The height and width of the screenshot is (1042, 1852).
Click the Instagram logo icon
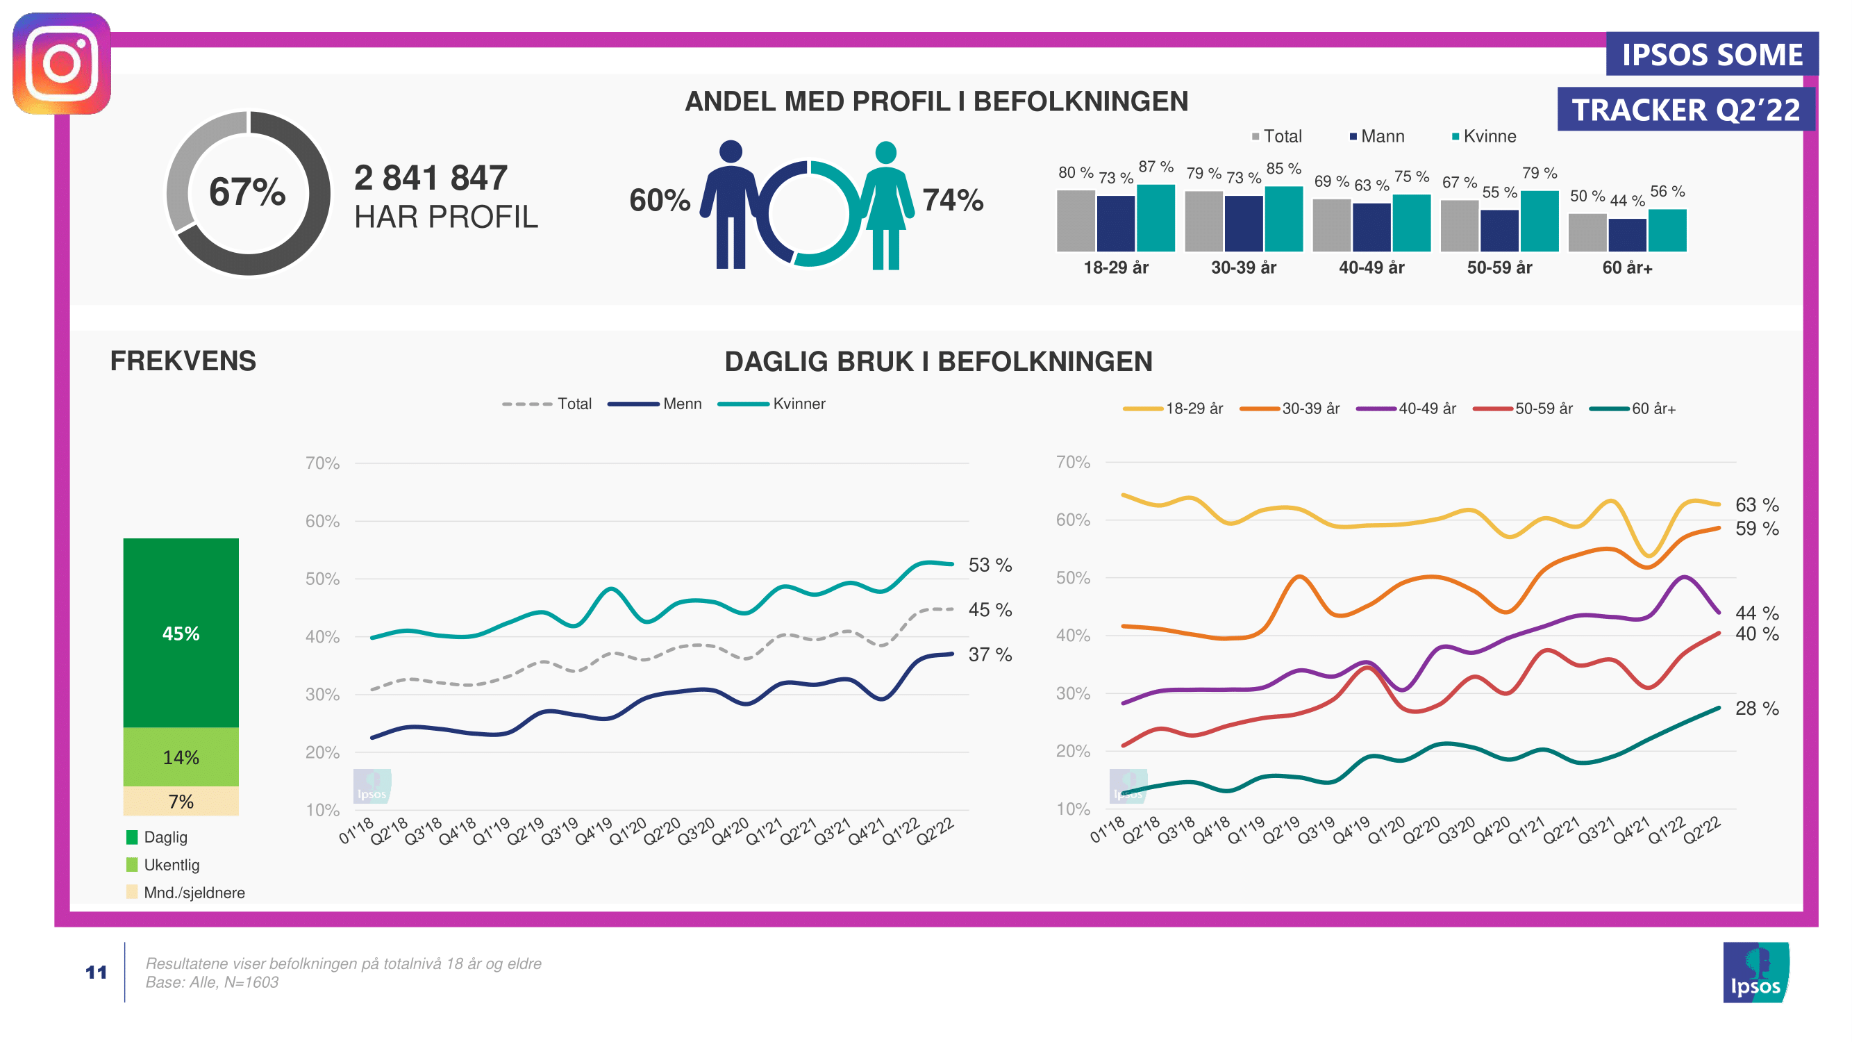(x=62, y=63)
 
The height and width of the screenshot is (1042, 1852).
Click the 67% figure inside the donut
(x=247, y=192)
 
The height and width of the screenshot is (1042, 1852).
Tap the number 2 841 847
(x=431, y=178)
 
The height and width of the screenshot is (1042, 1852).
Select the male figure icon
(x=731, y=204)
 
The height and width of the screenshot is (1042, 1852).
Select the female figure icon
(x=886, y=206)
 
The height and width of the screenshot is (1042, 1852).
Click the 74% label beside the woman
(x=953, y=200)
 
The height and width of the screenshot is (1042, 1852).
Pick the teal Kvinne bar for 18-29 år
(x=1156, y=218)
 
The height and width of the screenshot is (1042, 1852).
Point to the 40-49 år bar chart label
(x=1371, y=267)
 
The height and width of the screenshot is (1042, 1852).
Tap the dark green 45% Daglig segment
(x=181, y=633)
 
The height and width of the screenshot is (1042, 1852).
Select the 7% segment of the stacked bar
(x=181, y=801)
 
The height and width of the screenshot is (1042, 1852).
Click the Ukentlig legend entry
(x=170, y=864)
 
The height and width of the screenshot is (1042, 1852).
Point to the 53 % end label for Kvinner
(x=990, y=565)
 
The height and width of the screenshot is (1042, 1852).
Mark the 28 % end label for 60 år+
(x=1756, y=709)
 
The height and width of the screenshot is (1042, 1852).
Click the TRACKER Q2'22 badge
(x=1685, y=110)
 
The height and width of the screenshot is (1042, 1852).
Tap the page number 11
(x=97, y=973)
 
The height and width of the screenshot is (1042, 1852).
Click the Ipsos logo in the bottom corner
(x=1755, y=973)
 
